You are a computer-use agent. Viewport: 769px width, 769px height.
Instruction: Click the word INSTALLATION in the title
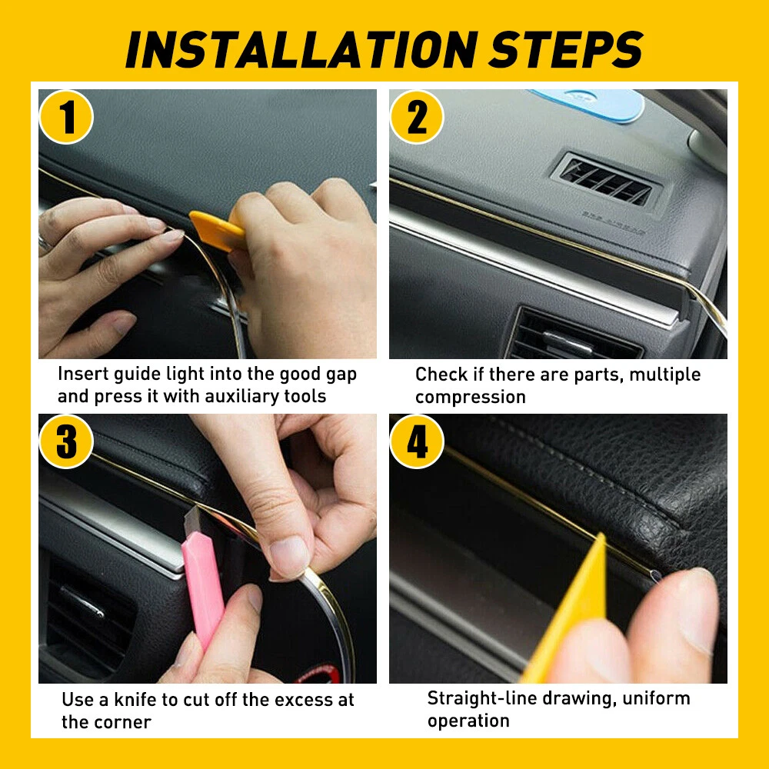[302, 49]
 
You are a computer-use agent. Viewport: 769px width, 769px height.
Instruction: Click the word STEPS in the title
[567, 49]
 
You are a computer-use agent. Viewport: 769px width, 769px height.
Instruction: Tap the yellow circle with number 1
[66, 117]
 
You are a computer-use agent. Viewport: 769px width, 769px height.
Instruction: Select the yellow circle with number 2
[417, 117]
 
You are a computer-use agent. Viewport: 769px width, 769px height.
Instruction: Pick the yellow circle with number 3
[66, 441]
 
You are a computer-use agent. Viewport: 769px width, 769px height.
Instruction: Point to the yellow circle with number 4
[417, 441]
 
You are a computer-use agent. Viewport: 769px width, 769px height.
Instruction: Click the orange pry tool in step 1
[217, 229]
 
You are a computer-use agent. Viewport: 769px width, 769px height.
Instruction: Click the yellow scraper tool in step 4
[569, 613]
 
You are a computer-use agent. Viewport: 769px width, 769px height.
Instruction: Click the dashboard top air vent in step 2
[608, 180]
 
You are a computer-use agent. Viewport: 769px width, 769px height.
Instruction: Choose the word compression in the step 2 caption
[471, 398]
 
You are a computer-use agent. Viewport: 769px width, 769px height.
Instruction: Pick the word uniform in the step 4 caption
[656, 698]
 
